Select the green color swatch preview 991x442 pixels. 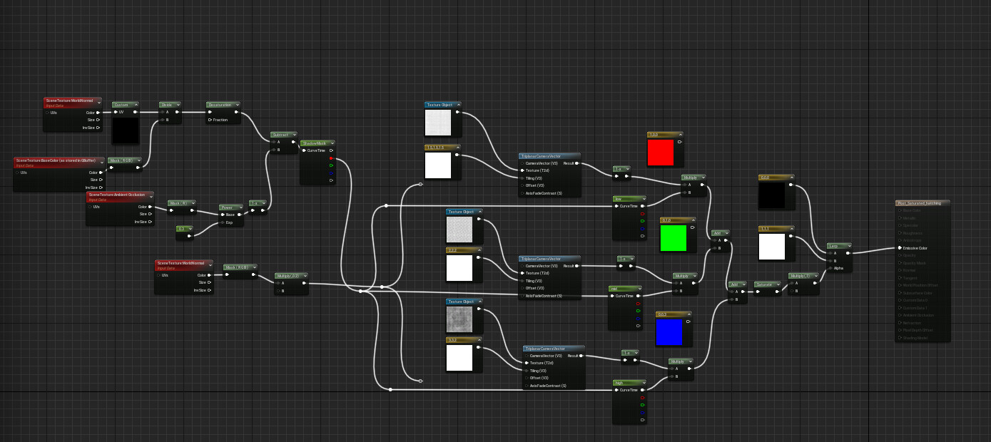[674, 237]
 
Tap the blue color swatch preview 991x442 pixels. [669, 331]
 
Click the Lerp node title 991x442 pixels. [839, 245]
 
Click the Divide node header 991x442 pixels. [170, 105]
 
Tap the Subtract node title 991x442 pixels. [283, 134]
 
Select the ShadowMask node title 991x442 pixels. [317, 143]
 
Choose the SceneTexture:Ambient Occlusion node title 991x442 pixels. [120, 195]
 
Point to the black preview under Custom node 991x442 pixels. [126, 130]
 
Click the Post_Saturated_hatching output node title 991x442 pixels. [922, 203]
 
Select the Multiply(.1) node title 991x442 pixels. [803, 275]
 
